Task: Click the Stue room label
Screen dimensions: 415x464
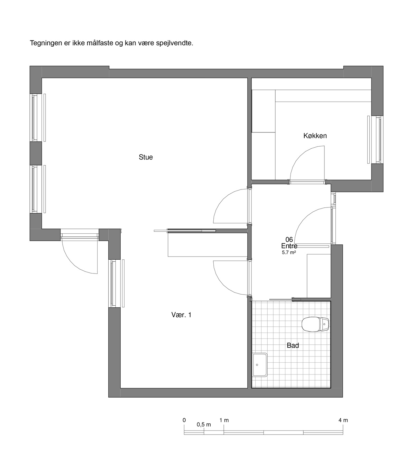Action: click(x=146, y=157)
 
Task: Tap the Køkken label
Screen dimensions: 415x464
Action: click(x=315, y=136)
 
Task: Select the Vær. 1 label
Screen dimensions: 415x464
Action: click(x=181, y=315)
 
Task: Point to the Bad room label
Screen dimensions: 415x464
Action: click(x=293, y=345)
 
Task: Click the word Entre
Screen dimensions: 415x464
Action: click(x=289, y=246)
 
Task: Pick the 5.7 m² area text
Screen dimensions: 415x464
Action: click(x=289, y=253)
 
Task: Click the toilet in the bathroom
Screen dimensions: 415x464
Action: click(x=315, y=324)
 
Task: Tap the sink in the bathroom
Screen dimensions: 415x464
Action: click(x=260, y=365)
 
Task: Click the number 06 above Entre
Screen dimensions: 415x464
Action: click(x=289, y=240)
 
